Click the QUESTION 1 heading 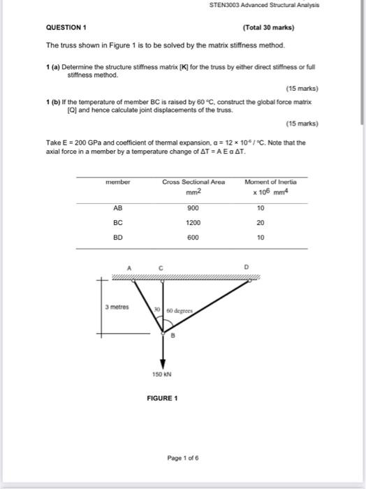click(x=66, y=28)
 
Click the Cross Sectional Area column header click(x=193, y=182)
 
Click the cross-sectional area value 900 click(x=193, y=208)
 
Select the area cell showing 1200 click(x=193, y=223)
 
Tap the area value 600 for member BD click(x=193, y=238)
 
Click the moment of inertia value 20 click(x=261, y=223)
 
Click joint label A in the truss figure click(x=129, y=266)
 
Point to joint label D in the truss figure click(x=246, y=266)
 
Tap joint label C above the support click(x=161, y=266)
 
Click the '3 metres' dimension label click(x=117, y=307)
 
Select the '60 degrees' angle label click(x=180, y=310)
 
